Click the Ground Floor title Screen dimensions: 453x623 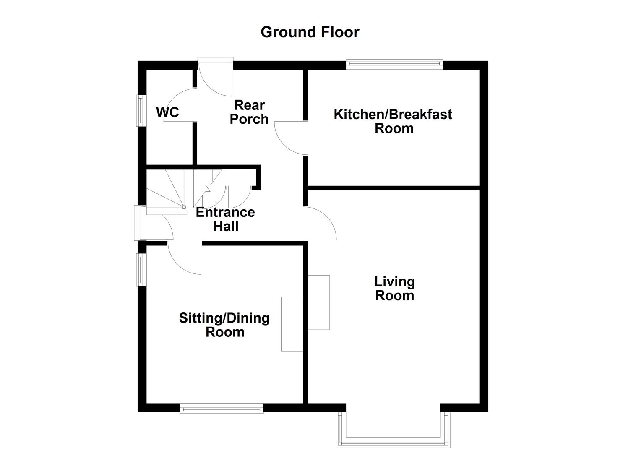click(310, 32)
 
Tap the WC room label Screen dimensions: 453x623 click(167, 112)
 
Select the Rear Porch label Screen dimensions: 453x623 click(249, 112)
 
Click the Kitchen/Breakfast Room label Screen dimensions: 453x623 click(393, 121)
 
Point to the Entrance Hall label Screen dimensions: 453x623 click(225, 219)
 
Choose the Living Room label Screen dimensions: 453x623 click(394, 289)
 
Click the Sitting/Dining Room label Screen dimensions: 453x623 click(224, 325)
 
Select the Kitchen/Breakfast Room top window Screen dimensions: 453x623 click(394, 64)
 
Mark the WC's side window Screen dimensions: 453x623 click(140, 111)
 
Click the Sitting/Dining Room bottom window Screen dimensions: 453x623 click(222, 408)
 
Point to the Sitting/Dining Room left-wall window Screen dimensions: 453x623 click(140, 270)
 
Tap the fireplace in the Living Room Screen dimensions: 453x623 click(318, 302)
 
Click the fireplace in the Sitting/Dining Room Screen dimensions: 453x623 click(292, 324)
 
